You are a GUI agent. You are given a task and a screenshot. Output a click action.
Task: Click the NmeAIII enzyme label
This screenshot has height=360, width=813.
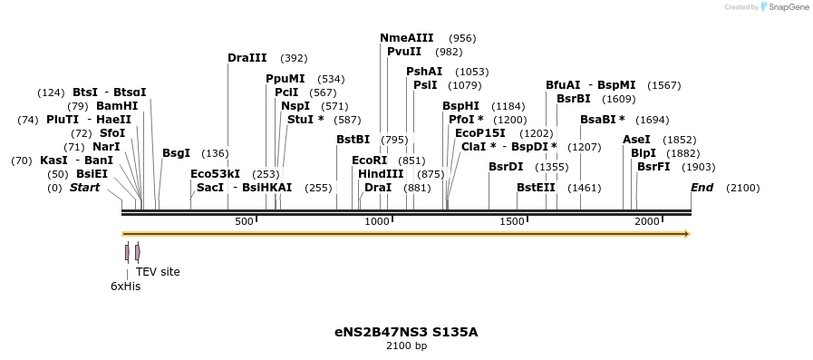point(407,38)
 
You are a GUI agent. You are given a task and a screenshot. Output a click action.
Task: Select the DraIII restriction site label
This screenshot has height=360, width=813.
point(247,58)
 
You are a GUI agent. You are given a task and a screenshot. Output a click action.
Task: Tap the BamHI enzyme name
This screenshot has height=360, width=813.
point(117,106)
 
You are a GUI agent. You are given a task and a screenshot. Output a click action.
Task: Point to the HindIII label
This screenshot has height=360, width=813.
point(381,174)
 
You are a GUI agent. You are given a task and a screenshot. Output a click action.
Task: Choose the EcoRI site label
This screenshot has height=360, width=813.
point(369,161)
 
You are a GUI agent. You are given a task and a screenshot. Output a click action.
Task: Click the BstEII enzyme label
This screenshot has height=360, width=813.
point(536,188)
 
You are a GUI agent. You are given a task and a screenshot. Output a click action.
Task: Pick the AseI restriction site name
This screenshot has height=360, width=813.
point(636,140)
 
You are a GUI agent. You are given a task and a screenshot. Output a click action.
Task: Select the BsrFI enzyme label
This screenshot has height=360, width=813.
point(653,167)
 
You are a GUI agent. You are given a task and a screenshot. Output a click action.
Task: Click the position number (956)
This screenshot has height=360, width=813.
point(462,38)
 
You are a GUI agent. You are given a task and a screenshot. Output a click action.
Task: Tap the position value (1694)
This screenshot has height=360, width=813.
point(652,120)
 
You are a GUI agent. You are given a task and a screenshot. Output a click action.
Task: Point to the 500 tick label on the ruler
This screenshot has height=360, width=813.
point(244,222)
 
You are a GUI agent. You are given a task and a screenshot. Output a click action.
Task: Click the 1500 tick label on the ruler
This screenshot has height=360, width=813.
point(512,222)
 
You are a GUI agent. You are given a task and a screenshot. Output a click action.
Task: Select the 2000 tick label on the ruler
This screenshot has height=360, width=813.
point(646,222)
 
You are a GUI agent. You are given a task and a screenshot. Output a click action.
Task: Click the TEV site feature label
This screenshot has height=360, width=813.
point(158,272)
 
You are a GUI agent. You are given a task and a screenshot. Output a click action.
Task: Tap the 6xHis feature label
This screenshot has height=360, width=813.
point(126,287)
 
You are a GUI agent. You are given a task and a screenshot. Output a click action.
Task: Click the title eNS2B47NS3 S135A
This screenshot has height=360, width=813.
point(406,332)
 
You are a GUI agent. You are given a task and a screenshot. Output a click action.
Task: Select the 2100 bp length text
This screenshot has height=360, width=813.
point(406,346)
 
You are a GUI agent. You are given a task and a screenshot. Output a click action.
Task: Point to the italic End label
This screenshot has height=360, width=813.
point(702,188)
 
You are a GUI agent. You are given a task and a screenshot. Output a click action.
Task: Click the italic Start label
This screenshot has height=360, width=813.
point(84,188)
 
